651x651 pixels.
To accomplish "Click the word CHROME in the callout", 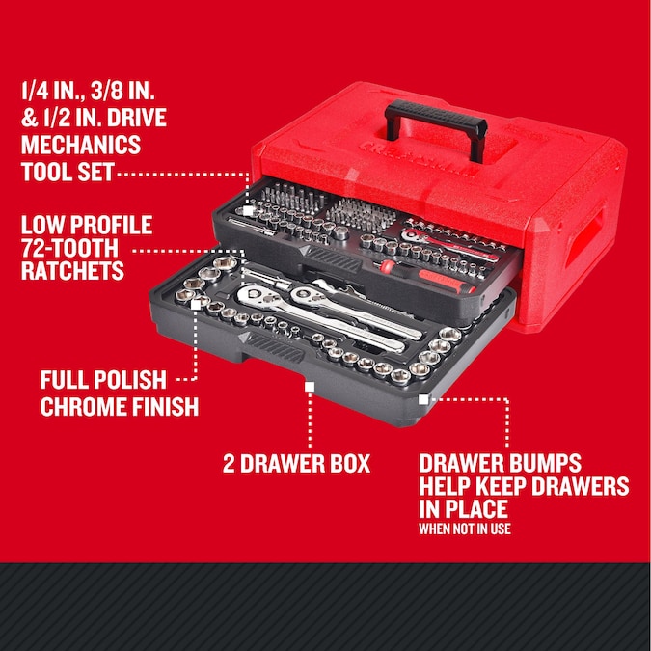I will (x=91, y=405).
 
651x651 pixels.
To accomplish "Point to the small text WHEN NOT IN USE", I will (x=465, y=529).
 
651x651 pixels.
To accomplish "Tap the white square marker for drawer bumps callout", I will (x=422, y=397).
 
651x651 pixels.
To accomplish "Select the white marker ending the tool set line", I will (x=249, y=209).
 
